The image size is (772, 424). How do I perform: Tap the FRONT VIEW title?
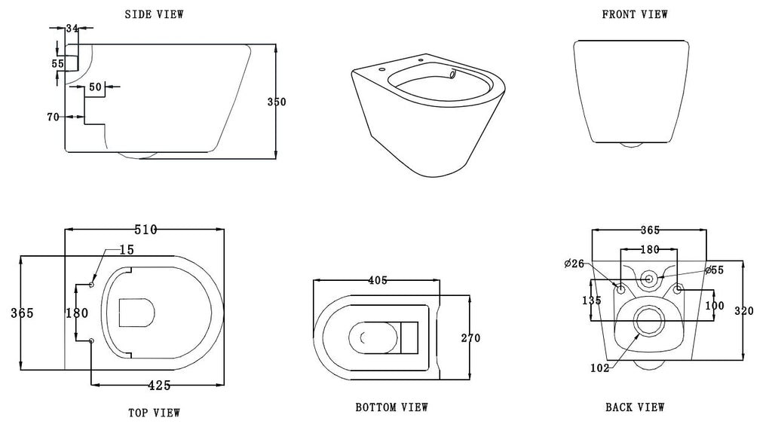tap(634, 14)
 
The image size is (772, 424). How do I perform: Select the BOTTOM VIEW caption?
tap(391, 407)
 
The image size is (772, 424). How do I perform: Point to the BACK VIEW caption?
tap(635, 407)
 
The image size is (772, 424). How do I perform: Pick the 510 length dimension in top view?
tap(145, 230)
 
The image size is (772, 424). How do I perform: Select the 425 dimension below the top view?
tap(158, 386)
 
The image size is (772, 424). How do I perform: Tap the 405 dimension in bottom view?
tap(377, 280)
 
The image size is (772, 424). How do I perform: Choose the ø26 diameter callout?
tap(573, 264)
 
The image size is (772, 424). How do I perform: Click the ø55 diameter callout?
tap(715, 270)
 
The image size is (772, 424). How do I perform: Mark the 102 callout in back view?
tap(600, 368)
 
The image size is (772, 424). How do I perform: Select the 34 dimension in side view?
tap(72, 29)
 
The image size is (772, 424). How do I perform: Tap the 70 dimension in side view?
tap(53, 117)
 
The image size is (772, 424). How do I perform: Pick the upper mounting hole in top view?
tap(92, 285)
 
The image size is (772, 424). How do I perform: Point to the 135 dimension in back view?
tap(593, 300)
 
